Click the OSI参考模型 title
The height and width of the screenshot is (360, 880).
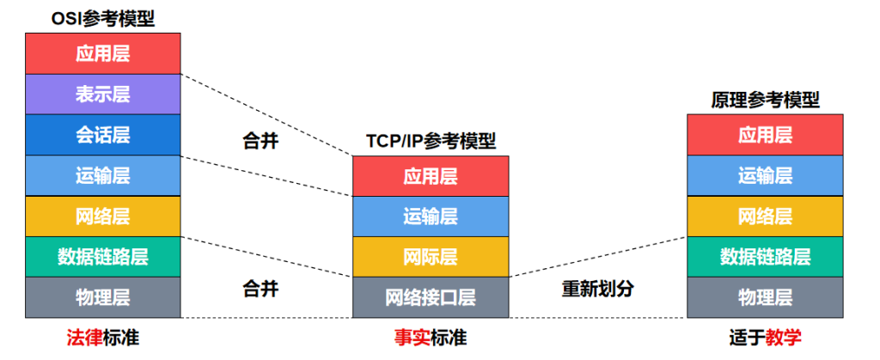(x=103, y=19)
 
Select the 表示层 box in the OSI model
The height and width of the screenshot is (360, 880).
(x=103, y=95)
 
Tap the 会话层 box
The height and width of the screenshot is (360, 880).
(x=103, y=135)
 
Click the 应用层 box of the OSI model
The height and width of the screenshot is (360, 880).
(x=103, y=53)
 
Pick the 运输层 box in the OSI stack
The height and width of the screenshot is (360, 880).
(x=103, y=175)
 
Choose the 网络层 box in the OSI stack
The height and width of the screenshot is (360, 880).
(x=103, y=217)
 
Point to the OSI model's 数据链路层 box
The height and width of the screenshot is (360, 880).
(x=103, y=257)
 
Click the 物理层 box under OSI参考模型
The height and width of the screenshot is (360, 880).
(x=103, y=297)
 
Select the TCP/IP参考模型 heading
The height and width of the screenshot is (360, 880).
(x=431, y=141)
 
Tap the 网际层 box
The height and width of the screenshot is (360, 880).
(x=431, y=257)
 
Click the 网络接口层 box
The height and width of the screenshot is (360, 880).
(x=431, y=297)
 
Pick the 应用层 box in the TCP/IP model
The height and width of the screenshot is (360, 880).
(x=431, y=176)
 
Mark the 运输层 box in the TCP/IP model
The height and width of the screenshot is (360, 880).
(x=431, y=217)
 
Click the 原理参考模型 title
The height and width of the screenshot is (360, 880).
(x=765, y=101)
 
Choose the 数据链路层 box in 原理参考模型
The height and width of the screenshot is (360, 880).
(x=765, y=257)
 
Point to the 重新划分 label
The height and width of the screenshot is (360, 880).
(x=598, y=289)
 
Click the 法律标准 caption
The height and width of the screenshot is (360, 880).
(x=103, y=338)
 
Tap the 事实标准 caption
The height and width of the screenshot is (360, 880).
(x=430, y=338)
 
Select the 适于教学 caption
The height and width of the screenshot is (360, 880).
(x=765, y=338)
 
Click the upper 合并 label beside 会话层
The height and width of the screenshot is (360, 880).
(x=260, y=141)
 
